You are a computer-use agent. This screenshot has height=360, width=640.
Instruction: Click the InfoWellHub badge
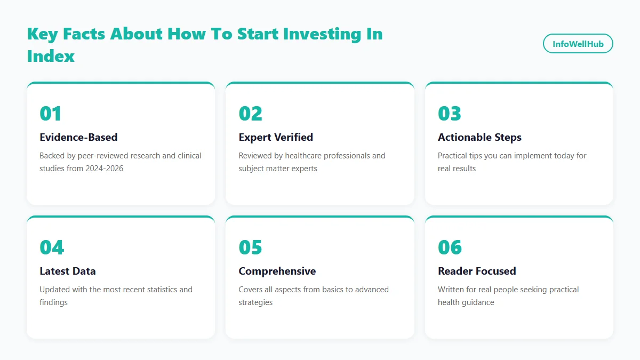click(x=578, y=44)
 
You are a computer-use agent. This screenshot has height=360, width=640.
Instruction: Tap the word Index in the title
click(x=51, y=56)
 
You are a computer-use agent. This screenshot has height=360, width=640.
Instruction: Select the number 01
click(x=51, y=114)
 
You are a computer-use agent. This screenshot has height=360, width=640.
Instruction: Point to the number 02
click(x=250, y=114)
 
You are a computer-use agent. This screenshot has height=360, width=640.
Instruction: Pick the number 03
click(x=450, y=114)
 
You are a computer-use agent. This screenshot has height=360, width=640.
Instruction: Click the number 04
click(x=52, y=247)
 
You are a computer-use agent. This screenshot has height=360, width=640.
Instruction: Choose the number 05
click(x=250, y=247)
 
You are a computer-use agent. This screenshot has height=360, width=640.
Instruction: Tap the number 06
click(x=450, y=247)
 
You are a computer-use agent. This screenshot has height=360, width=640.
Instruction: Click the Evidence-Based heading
click(x=78, y=137)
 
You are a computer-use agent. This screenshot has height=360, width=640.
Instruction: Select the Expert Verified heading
click(x=276, y=137)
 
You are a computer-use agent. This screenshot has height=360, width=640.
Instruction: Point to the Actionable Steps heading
click(x=479, y=137)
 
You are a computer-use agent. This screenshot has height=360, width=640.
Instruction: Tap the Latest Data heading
click(x=68, y=271)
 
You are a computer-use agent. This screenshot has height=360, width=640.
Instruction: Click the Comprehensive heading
click(x=277, y=271)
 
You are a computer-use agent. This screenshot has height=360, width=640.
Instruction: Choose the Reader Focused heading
click(x=477, y=271)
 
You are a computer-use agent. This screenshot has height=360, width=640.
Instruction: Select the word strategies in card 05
click(x=255, y=302)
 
